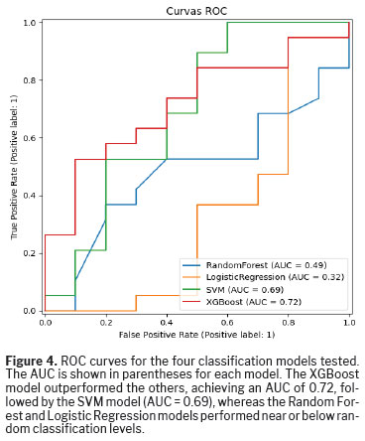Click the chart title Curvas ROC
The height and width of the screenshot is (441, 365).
point(196,11)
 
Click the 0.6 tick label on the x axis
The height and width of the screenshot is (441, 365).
point(227,322)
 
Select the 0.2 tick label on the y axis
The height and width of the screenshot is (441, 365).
point(30,253)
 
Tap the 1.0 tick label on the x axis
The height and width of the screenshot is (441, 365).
point(349,322)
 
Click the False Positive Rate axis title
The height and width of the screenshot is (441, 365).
point(196,335)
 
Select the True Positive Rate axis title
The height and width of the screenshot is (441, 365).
point(14,167)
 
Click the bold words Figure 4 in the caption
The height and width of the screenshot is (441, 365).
point(32,361)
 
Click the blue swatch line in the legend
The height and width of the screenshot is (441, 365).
point(191,265)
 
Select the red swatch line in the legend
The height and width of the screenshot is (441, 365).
point(191,302)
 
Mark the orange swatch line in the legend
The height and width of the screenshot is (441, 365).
point(191,277)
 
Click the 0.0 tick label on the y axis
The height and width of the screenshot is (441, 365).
point(30,311)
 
